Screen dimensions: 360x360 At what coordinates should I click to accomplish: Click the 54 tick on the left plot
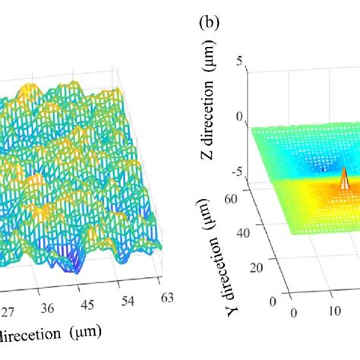click(x=125, y=302)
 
